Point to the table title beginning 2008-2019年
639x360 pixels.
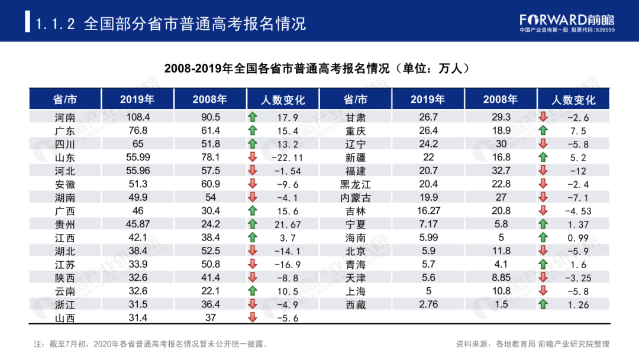point(319,68)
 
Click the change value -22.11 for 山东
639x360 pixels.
point(290,157)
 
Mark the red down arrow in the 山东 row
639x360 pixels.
point(253,157)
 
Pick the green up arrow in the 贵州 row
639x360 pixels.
point(253,224)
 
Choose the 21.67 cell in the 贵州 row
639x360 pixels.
point(290,224)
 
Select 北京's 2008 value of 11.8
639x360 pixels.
point(501,251)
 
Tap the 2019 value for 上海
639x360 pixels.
point(429,291)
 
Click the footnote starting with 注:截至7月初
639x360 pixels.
point(151,343)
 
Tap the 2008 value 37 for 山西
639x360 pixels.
point(210,318)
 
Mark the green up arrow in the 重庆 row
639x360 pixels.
point(543,130)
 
